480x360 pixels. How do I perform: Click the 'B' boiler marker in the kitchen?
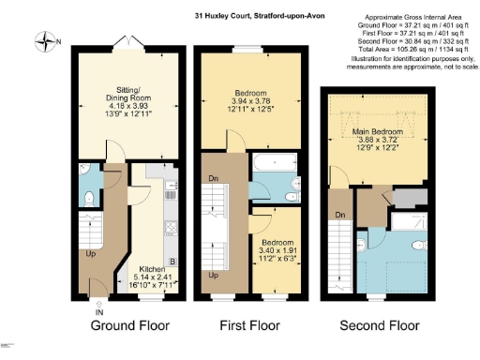click(172, 262)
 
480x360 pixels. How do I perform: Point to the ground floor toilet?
click(87, 199)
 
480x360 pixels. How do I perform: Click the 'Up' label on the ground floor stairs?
click(90, 253)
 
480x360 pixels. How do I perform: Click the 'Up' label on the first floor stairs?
click(215, 275)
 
